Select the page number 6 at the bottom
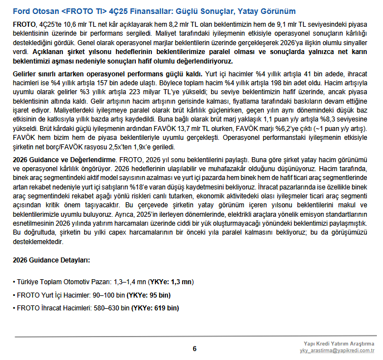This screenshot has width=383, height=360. coord(195,349)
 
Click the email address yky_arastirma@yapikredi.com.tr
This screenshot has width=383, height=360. coord(337,350)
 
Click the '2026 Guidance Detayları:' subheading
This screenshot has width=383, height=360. coord(51,260)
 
